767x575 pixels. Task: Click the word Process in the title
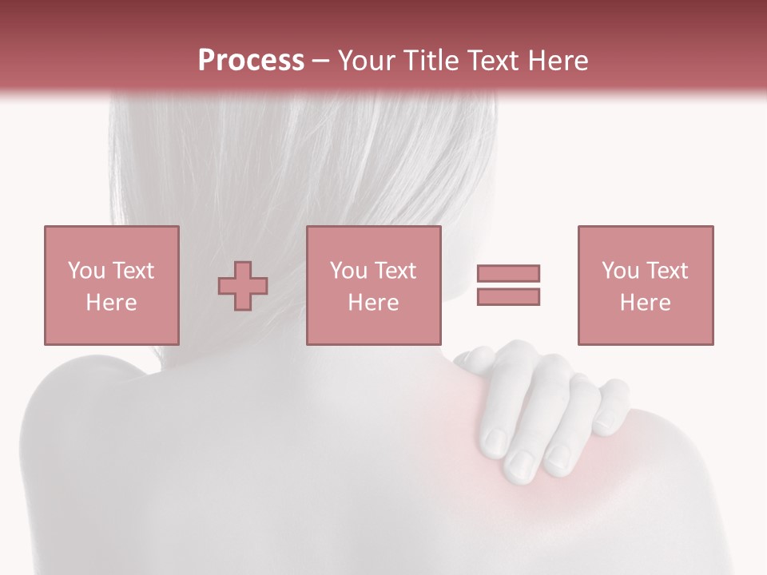[251, 61]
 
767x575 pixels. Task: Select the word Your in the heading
[367, 61]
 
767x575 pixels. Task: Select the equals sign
[509, 285]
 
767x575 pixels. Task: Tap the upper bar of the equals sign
[509, 274]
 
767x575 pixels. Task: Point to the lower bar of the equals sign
[509, 296]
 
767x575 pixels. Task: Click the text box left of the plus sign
[112, 285]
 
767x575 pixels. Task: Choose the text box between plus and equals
[374, 285]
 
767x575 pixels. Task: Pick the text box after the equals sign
[646, 285]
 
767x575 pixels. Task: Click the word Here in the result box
[646, 303]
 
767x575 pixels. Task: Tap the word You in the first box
[86, 271]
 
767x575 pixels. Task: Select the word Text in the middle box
[395, 271]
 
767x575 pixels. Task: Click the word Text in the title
[489, 61]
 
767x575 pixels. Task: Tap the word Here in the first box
[112, 303]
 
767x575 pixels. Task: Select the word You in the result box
[620, 271]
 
